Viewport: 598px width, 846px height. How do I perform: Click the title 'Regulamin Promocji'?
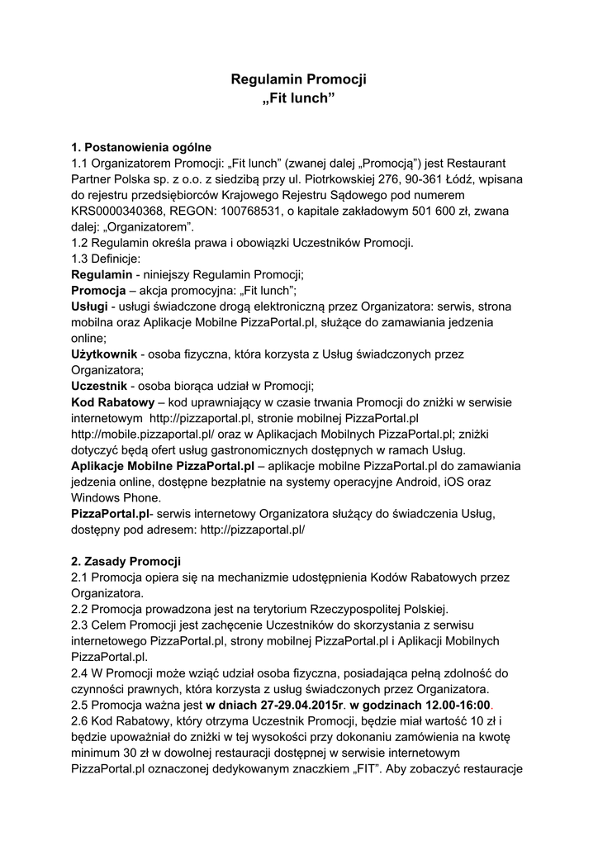point(298,79)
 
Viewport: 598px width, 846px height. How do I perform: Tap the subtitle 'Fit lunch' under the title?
point(298,99)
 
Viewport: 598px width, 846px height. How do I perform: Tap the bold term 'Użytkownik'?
point(104,354)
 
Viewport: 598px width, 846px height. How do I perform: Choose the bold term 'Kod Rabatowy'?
point(113,402)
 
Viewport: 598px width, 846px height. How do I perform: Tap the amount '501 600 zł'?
point(439,211)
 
